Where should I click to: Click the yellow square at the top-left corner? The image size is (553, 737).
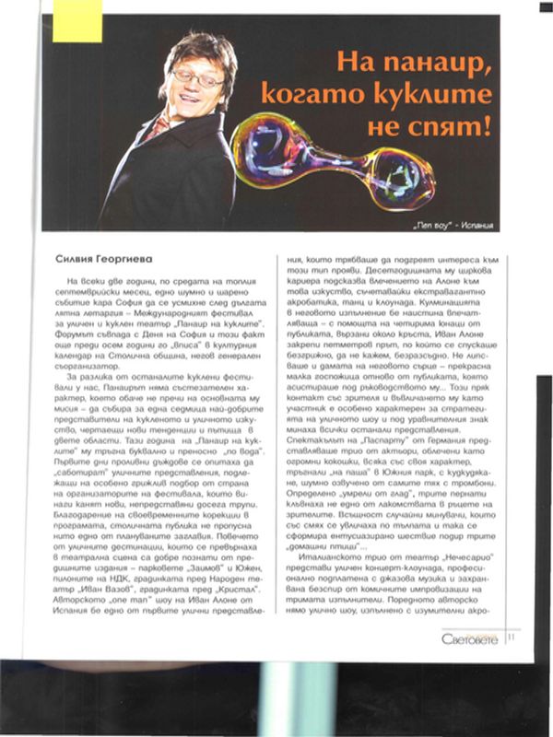tap(76, 20)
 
